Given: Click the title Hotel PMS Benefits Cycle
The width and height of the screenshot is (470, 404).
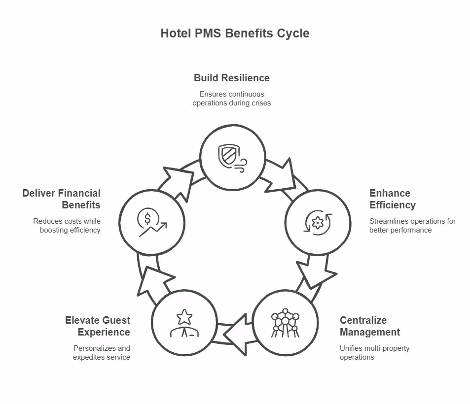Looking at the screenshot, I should [x=235, y=34].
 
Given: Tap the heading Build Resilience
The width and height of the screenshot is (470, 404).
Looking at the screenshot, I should [x=231, y=78].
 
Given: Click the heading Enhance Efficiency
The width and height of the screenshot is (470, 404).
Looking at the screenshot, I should [x=393, y=199].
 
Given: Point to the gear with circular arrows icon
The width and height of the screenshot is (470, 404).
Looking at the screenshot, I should [x=318, y=223].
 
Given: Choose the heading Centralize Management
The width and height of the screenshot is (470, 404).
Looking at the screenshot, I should [x=369, y=326].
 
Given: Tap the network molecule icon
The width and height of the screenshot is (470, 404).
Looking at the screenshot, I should [x=285, y=323].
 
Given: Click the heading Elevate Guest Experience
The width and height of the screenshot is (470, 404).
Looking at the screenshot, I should [x=98, y=326].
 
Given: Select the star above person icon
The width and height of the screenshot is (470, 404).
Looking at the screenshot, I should [x=184, y=323].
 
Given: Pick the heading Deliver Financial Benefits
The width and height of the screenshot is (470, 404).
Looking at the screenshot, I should [x=61, y=199].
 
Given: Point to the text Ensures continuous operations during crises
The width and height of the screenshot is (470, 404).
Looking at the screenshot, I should [x=231, y=99].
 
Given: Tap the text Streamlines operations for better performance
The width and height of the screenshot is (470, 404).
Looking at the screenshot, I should [x=412, y=226].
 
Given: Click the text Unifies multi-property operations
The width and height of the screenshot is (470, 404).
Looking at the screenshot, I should [x=374, y=353].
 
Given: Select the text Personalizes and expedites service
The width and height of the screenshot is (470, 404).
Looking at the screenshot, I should [x=102, y=353].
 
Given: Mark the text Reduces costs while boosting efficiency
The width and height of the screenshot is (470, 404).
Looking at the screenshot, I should [x=67, y=226].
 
